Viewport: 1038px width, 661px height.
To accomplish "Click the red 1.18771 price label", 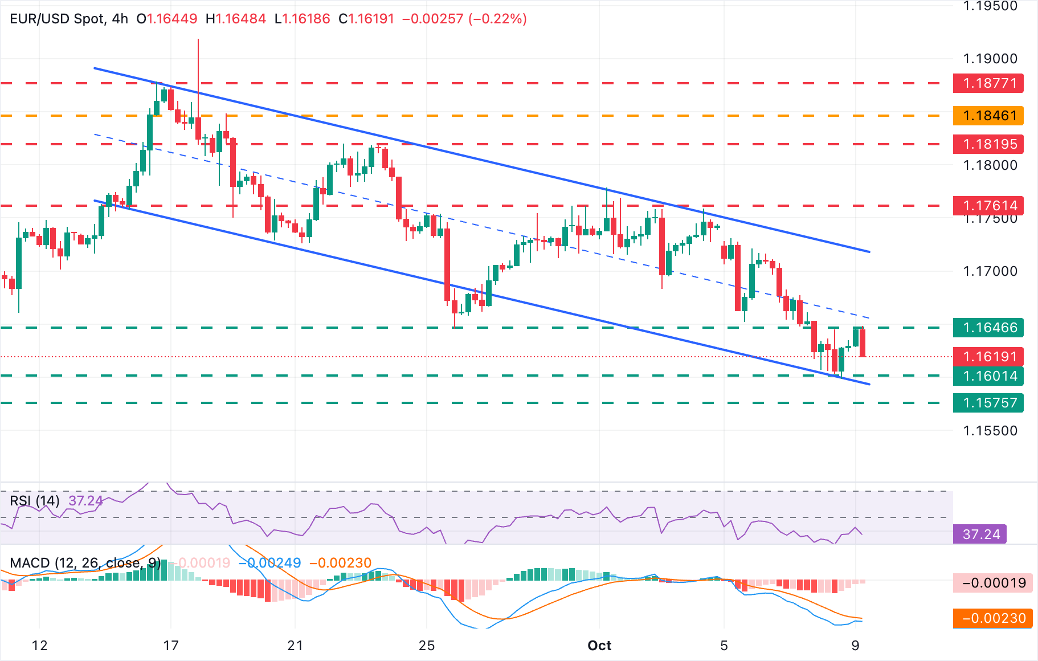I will (988, 83).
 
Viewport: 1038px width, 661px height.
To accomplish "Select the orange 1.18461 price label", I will (988, 116).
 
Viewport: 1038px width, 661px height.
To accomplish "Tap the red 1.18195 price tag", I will (988, 144).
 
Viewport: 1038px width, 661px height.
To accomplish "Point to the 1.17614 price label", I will (988, 205).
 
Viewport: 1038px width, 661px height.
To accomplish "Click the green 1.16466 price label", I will (988, 328).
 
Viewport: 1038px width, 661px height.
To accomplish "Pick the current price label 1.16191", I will (988, 357).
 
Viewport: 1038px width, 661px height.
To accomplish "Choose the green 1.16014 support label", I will (988, 376).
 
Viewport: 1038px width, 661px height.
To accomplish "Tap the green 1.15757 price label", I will (988, 403).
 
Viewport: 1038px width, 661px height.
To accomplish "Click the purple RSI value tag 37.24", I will (980, 534).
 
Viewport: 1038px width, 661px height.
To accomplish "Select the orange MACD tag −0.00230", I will (993, 618).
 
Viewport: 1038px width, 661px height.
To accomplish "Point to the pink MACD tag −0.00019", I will (993, 583).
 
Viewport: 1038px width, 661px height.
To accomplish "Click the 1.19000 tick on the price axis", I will (990, 59).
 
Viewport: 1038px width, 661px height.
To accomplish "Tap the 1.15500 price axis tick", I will (990, 431).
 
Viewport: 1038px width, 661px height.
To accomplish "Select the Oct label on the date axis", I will (599, 646).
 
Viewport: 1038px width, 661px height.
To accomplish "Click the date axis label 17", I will (171, 646).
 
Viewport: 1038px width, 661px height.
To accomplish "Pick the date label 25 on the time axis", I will (427, 646).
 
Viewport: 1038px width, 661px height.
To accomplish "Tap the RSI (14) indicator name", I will (35, 501).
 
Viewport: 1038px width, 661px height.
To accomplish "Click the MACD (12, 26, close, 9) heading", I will (85, 563).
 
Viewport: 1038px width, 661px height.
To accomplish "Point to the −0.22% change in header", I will (497, 19).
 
